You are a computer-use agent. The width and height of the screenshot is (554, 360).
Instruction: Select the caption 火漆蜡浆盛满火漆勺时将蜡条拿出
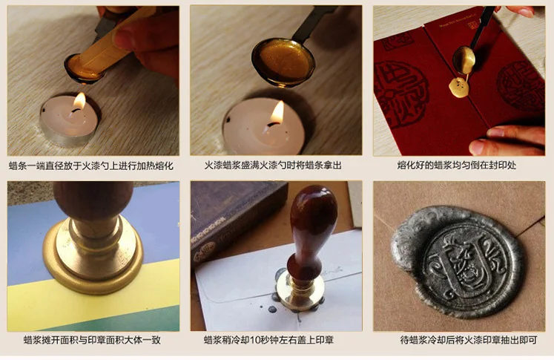276,166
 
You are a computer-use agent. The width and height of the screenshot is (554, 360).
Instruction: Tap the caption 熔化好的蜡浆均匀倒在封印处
459,166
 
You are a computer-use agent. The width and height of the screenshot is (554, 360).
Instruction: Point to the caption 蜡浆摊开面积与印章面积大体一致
92,341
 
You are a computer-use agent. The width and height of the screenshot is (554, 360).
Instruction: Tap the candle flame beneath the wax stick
79,102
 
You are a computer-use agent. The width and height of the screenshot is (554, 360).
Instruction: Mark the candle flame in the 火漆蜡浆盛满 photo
277,112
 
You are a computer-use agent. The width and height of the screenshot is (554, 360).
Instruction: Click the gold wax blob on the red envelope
460,88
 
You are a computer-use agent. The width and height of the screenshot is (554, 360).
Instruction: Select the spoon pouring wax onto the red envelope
466,59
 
